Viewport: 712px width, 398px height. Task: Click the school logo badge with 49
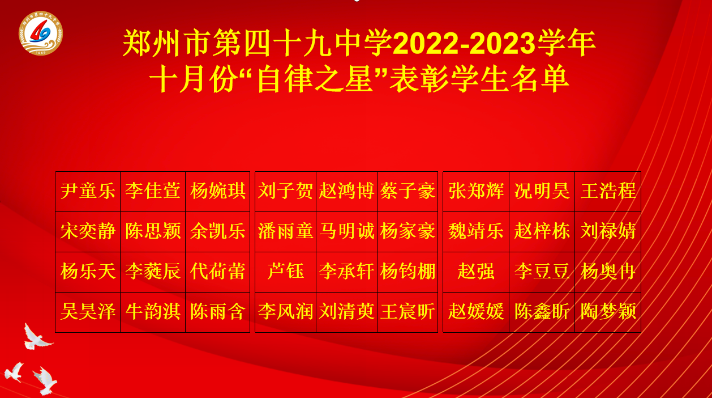click(x=41, y=33)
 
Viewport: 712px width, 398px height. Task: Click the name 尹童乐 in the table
click(x=88, y=191)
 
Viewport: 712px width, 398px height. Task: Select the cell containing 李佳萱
click(x=153, y=191)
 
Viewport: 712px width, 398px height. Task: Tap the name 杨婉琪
click(x=218, y=191)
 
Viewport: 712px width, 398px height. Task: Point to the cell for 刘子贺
click(x=285, y=191)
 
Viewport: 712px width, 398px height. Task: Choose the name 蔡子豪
click(x=408, y=191)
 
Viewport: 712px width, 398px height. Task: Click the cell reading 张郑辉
click(x=476, y=191)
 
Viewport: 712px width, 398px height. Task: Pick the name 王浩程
click(x=608, y=191)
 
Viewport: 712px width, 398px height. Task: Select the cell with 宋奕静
click(x=88, y=231)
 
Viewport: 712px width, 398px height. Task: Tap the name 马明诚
click(x=347, y=231)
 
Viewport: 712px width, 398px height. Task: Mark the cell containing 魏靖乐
click(x=476, y=231)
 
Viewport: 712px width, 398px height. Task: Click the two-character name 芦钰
click(x=285, y=271)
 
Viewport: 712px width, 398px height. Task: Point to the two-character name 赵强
click(x=476, y=271)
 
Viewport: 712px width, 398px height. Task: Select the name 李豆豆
click(x=542, y=271)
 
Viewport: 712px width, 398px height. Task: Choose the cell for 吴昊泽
click(x=88, y=311)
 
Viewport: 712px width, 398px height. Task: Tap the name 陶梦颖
click(x=608, y=311)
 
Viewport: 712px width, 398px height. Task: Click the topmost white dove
click(x=37, y=337)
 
